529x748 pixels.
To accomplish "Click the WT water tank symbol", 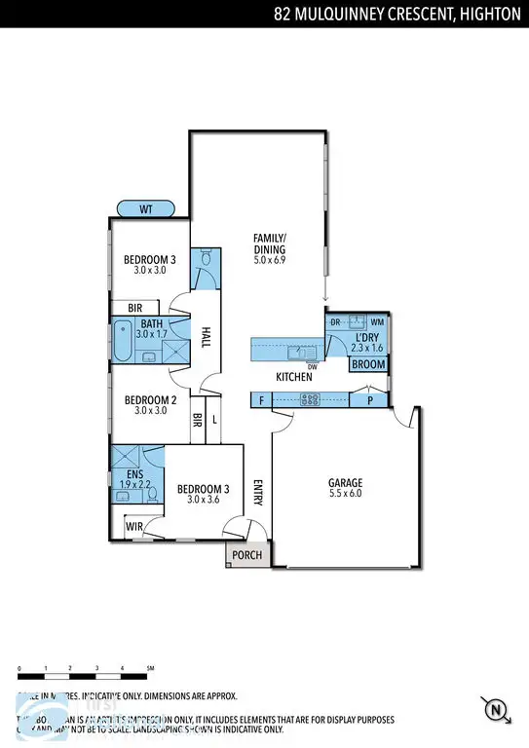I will tap(145, 208).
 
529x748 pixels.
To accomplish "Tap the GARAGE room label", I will tap(345, 482).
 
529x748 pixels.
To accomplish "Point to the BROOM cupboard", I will tap(368, 365).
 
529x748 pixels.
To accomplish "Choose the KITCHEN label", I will tap(294, 377).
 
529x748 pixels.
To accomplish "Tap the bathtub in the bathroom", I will tap(123, 340).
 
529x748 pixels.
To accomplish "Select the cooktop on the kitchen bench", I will tap(311, 398).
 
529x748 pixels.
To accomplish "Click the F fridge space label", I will tap(261, 399).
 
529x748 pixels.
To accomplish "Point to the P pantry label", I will tap(368, 399).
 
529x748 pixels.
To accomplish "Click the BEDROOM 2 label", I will tap(149, 398).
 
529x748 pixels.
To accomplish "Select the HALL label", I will tap(207, 336).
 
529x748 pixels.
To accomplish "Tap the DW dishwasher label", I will tap(312, 366).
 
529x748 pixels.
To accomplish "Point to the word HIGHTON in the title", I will tap(489, 13).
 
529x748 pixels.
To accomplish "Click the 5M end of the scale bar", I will tap(149, 668).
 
